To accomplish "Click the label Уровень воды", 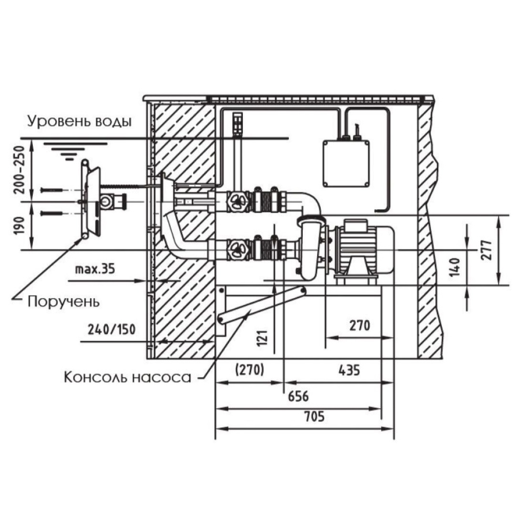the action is coord(79,121).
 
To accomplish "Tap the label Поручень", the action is coord(63,301).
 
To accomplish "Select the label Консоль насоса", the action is coord(127,377).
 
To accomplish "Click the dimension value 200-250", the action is coord(20,169).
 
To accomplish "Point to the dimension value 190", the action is coord(20,225).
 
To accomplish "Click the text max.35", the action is coord(95,269).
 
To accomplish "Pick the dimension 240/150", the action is coord(111,329).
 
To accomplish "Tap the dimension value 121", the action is coord(262,338).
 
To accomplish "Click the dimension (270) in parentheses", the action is coord(249,370).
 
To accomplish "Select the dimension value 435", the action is coord(349,370).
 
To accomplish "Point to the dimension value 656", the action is coord(298,396).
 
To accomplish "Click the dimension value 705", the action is coord(314,416).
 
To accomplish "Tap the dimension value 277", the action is coord(486,250).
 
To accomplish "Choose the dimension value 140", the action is coord(455,267).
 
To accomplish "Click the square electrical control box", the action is coord(346,163).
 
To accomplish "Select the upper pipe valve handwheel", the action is coord(237,201).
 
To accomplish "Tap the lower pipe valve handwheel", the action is coord(237,249).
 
